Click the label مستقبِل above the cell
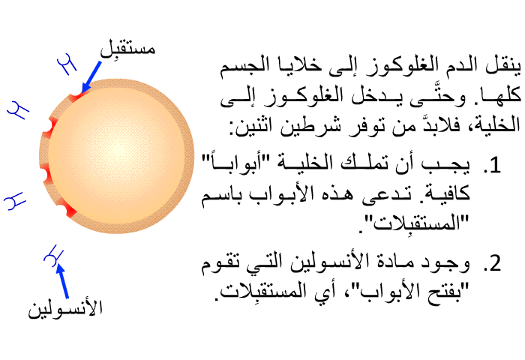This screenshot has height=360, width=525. click(x=128, y=49)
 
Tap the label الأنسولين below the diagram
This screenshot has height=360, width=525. click(x=65, y=308)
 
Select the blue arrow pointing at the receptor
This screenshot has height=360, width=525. click(x=91, y=76)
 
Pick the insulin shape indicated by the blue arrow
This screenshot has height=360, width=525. click(x=54, y=256)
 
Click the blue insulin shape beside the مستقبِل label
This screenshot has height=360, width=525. click(x=67, y=64)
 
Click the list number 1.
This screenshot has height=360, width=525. click(x=492, y=165)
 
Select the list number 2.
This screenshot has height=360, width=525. click(x=492, y=262)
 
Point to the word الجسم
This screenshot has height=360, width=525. click(x=240, y=66)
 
